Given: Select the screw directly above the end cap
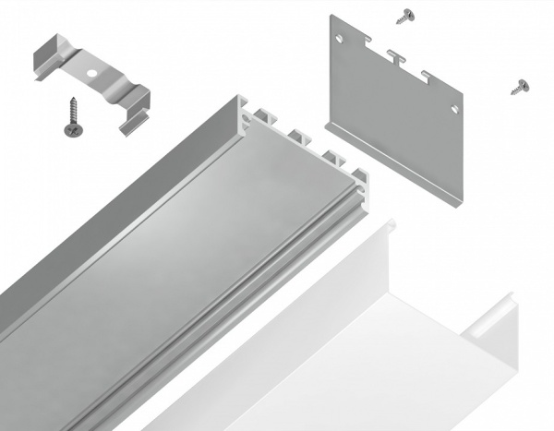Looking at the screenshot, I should tap(403, 16).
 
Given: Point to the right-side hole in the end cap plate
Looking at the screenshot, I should tap(454, 106).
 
